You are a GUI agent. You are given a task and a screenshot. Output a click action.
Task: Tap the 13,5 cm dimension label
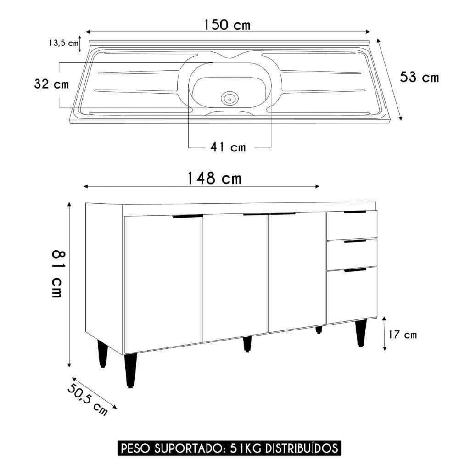point(63,43)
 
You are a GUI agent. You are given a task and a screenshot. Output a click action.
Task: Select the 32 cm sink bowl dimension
point(51,84)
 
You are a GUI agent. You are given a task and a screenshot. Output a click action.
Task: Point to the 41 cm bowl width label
point(228,147)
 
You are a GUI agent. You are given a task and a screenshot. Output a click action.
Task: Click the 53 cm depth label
point(419,77)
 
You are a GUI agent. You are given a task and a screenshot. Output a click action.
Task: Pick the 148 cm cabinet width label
point(214,178)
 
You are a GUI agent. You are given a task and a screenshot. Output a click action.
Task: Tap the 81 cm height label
point(57,274)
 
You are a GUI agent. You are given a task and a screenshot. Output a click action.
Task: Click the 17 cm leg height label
point(403,335)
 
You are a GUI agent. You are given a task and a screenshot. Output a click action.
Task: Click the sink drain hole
point(229,97)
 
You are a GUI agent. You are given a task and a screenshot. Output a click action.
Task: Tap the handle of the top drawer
point(355,212)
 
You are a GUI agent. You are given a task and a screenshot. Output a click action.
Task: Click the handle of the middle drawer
point(355,241)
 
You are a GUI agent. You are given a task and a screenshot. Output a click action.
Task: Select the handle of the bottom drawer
point(355,270)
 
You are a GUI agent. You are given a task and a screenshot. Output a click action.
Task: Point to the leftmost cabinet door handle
point(187,216)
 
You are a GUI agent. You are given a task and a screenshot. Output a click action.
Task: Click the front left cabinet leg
point(130,371)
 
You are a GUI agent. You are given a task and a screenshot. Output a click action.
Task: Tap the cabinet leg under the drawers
point(361,333)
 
